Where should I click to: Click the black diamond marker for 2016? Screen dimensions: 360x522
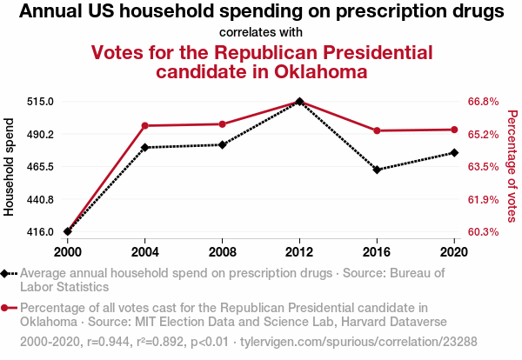[377, 170]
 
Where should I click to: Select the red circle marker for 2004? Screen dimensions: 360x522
[145, 126]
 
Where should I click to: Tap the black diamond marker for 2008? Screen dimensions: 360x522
[223, 144]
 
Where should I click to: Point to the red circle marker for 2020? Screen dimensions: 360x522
[454, 130]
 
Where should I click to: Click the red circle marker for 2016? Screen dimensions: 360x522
[377, 130]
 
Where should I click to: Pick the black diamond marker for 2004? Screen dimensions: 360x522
[145, 147]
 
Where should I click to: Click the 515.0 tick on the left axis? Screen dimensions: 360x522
[40, 102]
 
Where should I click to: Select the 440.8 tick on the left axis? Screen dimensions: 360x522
[40, 200]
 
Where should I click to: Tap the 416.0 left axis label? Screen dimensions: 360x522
[40, 232]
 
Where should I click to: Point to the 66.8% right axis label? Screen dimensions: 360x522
[483, 102]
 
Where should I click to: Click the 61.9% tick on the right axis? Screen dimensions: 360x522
[483, 200]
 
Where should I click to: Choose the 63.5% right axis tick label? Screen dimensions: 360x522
[483, 167]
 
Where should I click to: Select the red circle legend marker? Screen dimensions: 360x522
[7, 308]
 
